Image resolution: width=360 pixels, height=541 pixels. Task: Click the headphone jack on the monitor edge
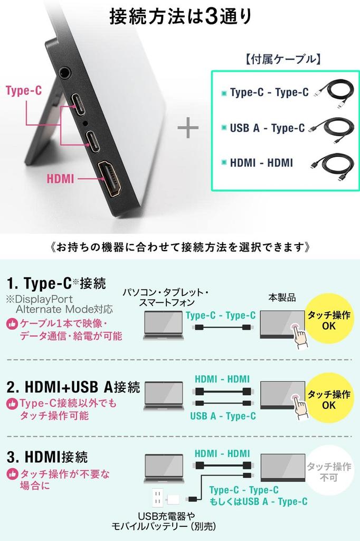pyautogui.click(x=65, y=72)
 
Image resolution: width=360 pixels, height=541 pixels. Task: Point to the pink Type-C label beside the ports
pyautogui.click(x=24, y=90)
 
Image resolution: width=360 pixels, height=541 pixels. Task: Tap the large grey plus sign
pyautogui.click(x=187, y=128)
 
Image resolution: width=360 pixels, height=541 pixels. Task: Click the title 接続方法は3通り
pyautogui.click(x=180, y=17)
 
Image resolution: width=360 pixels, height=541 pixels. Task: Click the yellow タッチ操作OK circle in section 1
pyautogui.click(x=329, y=321)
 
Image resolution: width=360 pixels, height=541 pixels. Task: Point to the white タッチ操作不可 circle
pyautogui.click(x=329, y=471)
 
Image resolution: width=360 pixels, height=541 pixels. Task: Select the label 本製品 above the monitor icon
pyautogui.click(x=281, y=298)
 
